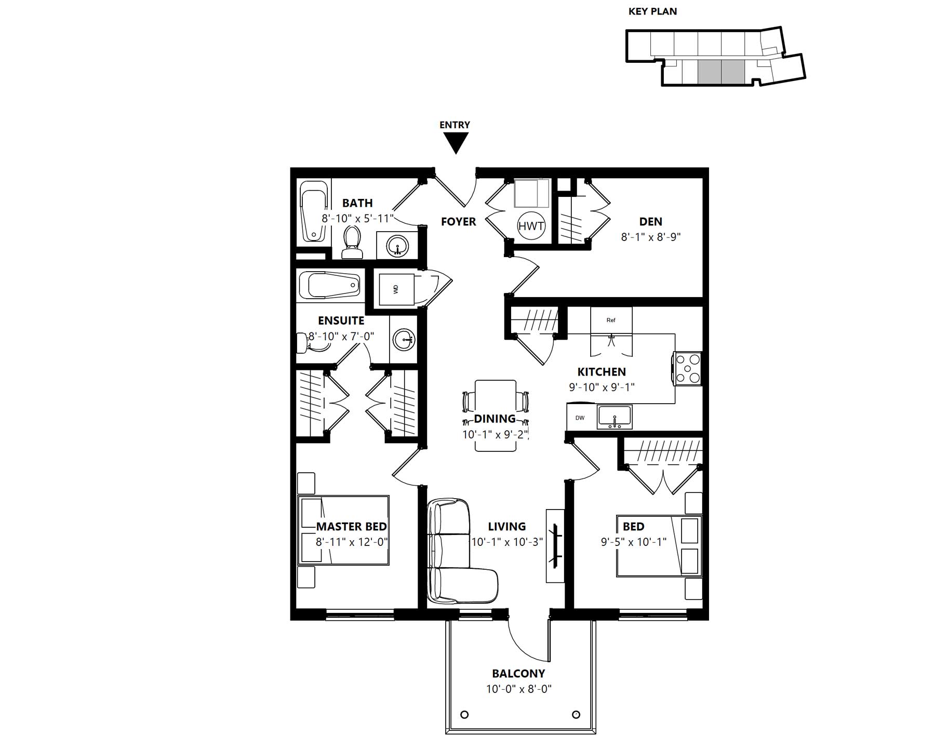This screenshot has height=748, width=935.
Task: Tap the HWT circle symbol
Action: [531, 226]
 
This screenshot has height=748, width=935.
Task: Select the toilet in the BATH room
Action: [352, 242]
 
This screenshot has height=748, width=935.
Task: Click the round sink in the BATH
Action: [398, 245]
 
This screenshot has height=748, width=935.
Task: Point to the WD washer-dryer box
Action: [396, 289]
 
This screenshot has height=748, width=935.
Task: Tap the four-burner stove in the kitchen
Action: [687, 368]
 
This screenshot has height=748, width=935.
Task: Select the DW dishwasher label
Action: [580, 418]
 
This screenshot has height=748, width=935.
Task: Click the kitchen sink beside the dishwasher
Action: [615, 417]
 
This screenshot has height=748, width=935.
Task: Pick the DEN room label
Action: [650, 222]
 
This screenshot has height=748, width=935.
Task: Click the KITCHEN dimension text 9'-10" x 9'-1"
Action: [602, 387]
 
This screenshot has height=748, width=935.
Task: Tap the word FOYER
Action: [458, 222]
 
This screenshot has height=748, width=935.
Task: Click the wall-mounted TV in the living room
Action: [555, 545]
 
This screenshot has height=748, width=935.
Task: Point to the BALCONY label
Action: [518, 674]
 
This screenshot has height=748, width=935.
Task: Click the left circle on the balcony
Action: [464, 714]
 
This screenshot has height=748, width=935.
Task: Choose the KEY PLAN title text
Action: [652, 11]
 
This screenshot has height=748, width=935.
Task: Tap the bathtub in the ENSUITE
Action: [330, 286]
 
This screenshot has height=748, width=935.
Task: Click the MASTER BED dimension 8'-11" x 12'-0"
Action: [352, 542]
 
